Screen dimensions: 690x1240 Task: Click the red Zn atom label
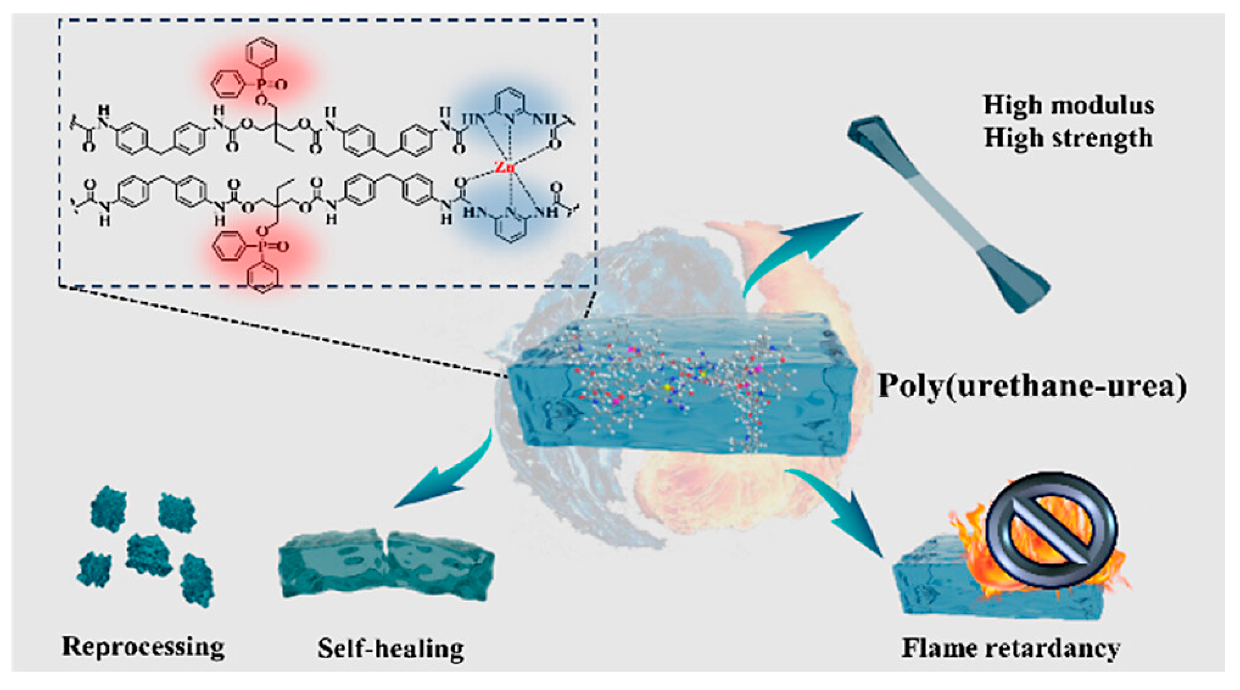[x=505, y=167]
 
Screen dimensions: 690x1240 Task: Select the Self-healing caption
[x=391, y=648]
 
